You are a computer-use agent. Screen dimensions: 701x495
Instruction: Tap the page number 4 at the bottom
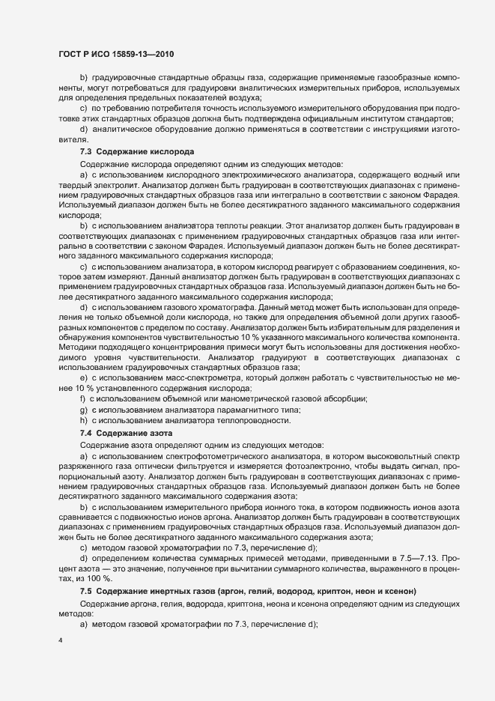[x=59, y=641]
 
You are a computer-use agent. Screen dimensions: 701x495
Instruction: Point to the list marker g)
[x=83, y=410]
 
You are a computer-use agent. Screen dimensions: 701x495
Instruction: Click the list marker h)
[x=83, y=422]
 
